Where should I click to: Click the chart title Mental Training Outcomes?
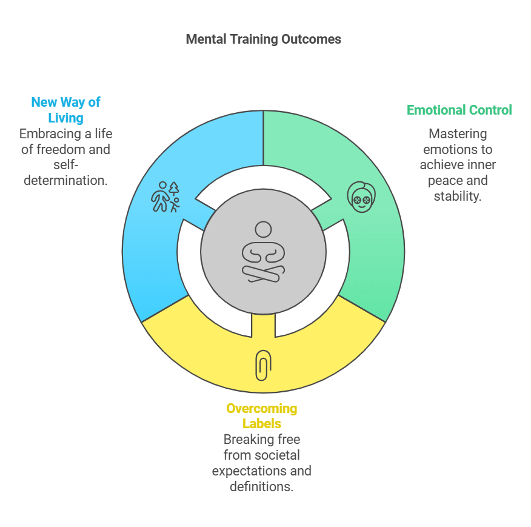coord(263,39)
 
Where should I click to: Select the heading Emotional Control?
coord(459,110)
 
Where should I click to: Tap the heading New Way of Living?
coord(65,110)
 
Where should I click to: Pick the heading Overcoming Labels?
coord(262,415)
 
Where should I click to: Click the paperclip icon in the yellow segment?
coord(263,365)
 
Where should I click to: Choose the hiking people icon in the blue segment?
coord(165,196)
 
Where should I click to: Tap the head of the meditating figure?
coord(263,229)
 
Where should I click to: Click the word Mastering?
coord(458,133)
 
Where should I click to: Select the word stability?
coord(458,196)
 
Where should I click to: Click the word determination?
coord(65,180)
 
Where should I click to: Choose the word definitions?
coord(261,486)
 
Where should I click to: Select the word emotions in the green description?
coord(450,149)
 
